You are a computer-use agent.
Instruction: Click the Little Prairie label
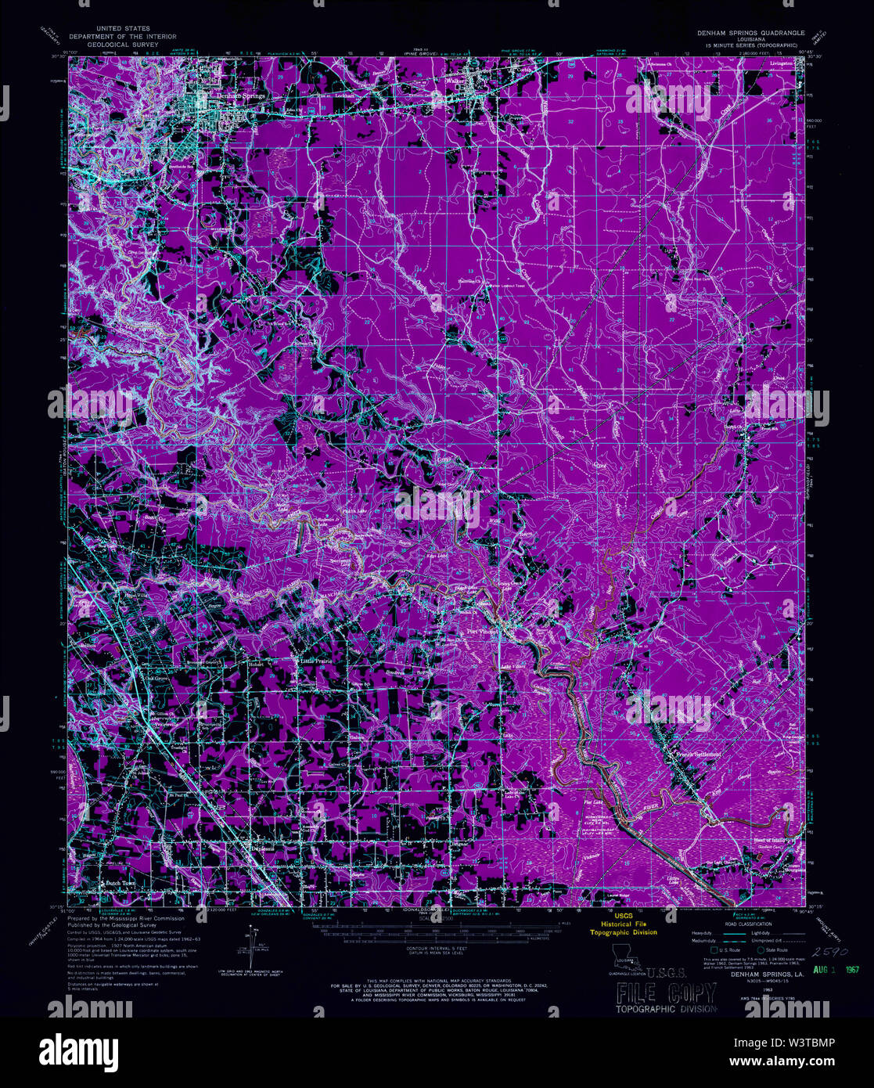click(x=318, y=660)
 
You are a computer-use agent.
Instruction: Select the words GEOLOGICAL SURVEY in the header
click(x=122, y=45)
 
